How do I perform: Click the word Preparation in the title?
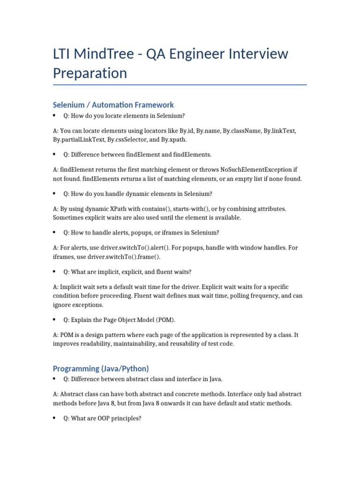[x=90, y=73]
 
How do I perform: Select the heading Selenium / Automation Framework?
[x=113, y=105]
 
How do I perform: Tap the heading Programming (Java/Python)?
[x=101, y=368]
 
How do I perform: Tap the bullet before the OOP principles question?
[x=55, y=418]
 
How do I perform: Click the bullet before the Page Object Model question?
[x=55, y=320]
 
